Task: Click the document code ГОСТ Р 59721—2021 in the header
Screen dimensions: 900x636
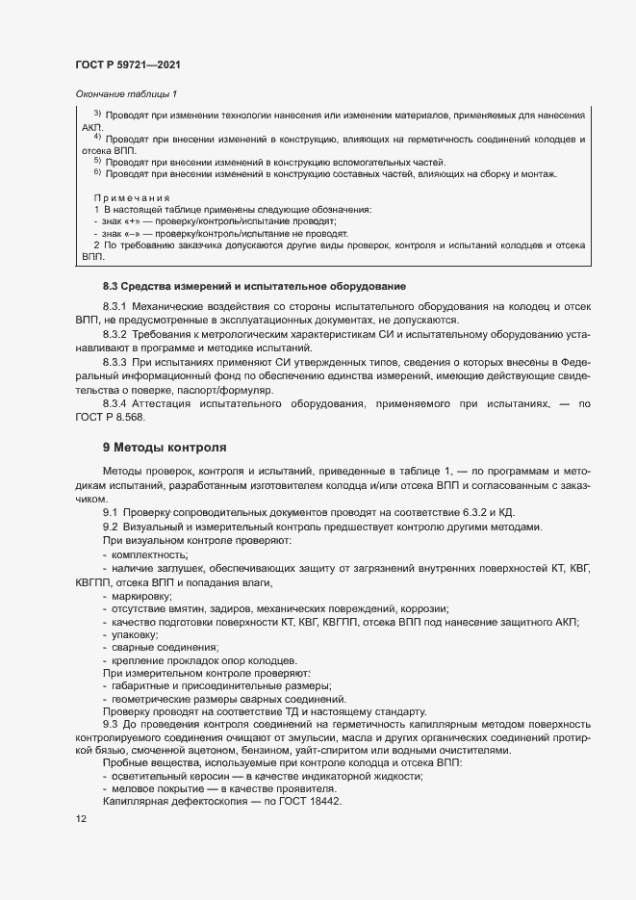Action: [x=127, y=64]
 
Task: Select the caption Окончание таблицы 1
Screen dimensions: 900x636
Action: [x=126, y=93]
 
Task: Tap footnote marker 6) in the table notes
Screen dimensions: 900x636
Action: [x=97, y=172]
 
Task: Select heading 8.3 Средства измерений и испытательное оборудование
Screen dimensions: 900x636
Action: [x=254, y=286]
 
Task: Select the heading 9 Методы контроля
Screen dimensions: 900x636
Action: [x=164, y=447]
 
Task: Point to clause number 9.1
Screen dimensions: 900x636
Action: [x=110, y=513]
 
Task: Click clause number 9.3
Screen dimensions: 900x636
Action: [x=110, y=722]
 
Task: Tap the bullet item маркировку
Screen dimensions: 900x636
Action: [x=141, y=596]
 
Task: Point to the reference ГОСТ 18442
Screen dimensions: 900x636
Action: [x=308, y=802]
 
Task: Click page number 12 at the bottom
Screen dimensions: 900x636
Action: [x=81, y=819]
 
